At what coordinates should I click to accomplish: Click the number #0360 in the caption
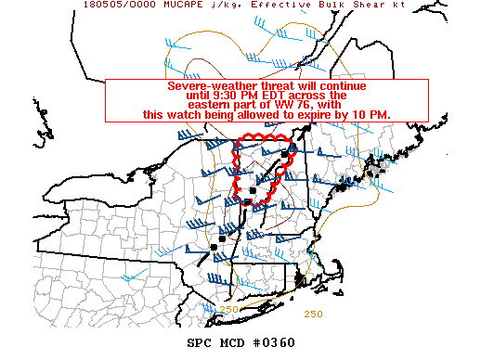coord(275,342)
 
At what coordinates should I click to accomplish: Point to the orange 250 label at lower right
coord(314,314)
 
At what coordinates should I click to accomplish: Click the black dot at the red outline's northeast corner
coord(294,146)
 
